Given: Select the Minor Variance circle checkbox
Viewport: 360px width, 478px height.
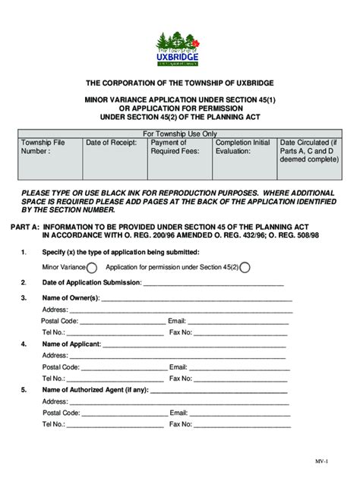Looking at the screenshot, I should tap(92, 267).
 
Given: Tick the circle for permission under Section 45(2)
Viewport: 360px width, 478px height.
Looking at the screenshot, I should tap(245, 267).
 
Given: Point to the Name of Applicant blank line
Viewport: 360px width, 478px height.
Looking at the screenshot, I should tap(194, 344).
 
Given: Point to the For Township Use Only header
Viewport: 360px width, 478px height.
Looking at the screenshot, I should tap(180, 133).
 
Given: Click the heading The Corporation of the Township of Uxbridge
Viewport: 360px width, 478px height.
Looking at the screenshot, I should tap(179, 82).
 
